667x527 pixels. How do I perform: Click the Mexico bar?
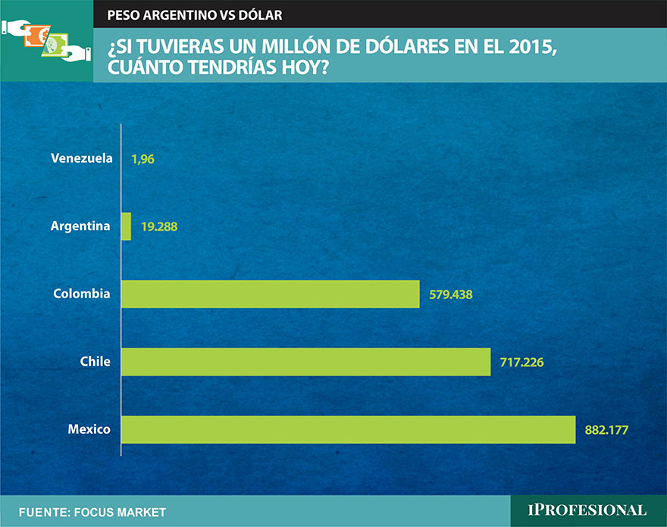348,429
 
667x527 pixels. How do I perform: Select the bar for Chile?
305,362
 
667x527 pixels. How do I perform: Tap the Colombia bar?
270,294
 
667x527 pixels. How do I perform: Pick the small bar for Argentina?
126,226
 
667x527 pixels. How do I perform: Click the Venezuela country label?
82,158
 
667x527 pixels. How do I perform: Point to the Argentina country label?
80,226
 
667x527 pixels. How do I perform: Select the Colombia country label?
82,293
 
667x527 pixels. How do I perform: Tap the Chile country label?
95,361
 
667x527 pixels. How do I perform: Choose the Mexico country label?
89,429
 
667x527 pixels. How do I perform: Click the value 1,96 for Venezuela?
143,159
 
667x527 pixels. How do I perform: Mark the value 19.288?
159,226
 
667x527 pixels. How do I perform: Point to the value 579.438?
451,294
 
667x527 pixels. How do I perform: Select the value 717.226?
522,362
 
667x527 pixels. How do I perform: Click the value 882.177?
607,429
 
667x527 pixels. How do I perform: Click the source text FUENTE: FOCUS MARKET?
92,513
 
